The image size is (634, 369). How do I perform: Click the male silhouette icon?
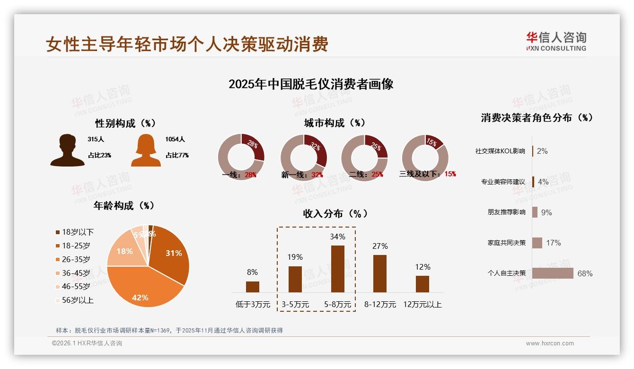tap(67, 150)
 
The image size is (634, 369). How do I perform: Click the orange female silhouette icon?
tap(146, 150)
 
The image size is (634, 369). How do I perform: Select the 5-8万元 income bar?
tap(337, 269)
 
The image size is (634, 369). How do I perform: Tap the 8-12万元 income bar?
tap(380, 273)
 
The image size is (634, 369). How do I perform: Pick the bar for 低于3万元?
tap(253, 287)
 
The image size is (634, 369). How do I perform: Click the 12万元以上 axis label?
tap(423, 305)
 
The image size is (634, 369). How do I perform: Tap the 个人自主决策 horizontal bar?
tap(553, 273)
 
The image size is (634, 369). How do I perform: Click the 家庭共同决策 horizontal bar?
tap(537, 243)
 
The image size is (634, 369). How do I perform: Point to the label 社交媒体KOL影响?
tap(500, 151)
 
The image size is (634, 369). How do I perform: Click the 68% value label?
tap(585, 273)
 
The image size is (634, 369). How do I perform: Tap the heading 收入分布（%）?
tap(335, 213)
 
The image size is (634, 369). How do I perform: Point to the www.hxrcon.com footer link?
tap(550, 343)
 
